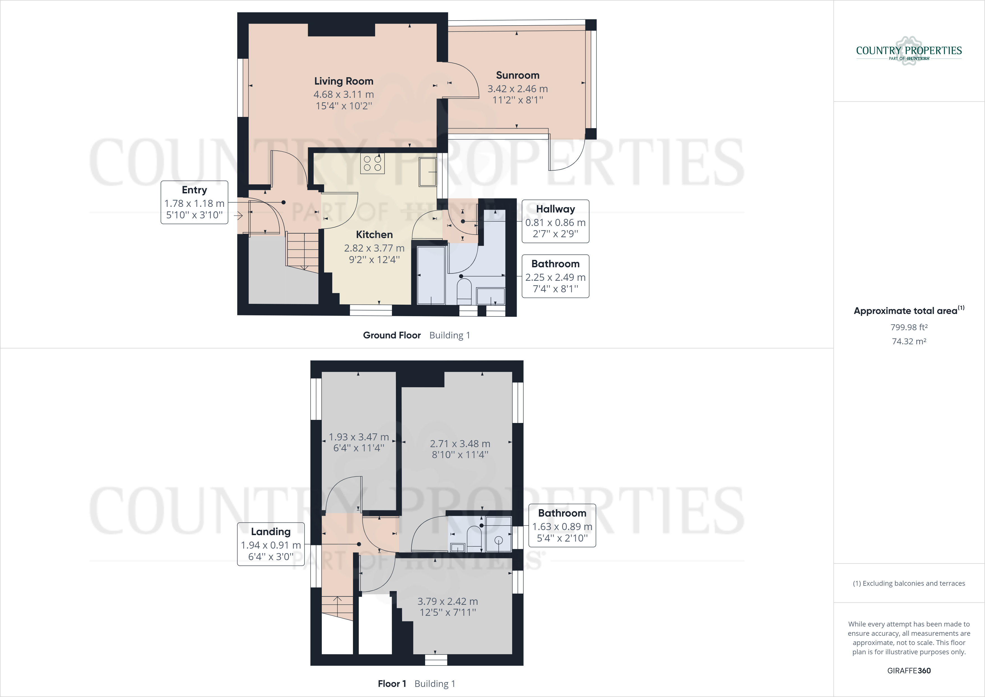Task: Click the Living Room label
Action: tap(344, 81)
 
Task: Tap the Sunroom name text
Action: tap(517, 75)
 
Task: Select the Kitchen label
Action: tap(374, 234)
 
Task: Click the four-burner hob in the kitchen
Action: tap(372, 164)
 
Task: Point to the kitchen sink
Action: tap(428, 172)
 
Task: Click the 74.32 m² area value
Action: tap(909, 341)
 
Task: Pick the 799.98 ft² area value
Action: tap(909, 327)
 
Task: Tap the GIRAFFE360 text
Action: tap(909, 670)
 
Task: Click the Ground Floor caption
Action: tap(392, 335)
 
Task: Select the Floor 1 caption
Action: tap(392, 684)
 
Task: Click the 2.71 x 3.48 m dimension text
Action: tap(460, 443)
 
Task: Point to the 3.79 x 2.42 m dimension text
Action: tap(448, 601)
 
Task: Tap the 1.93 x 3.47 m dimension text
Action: tap(359, 437)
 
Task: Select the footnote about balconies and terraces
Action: tap(909, 583)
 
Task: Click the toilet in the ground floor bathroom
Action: tap(464, 290)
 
